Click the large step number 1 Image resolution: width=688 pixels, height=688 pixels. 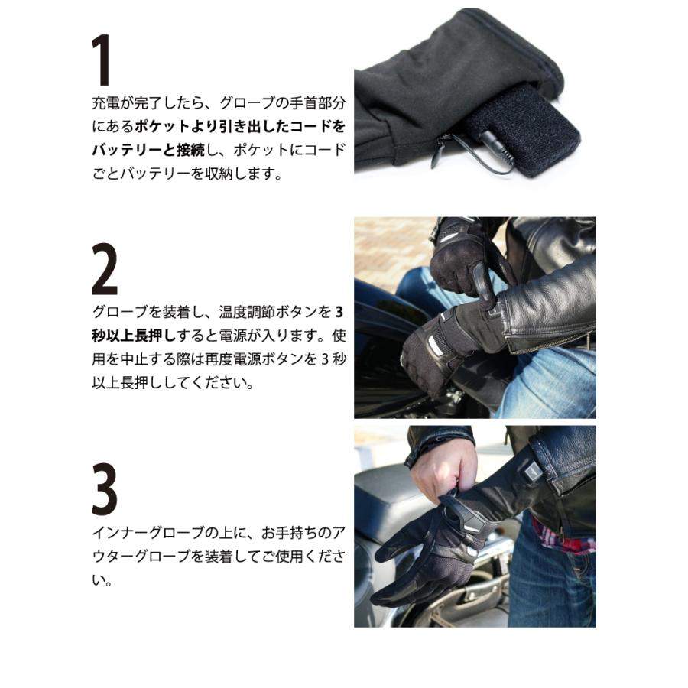coord(101,60)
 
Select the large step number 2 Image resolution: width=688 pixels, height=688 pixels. coord(105,272)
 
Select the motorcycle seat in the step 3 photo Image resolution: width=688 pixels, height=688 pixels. coord(382,497)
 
